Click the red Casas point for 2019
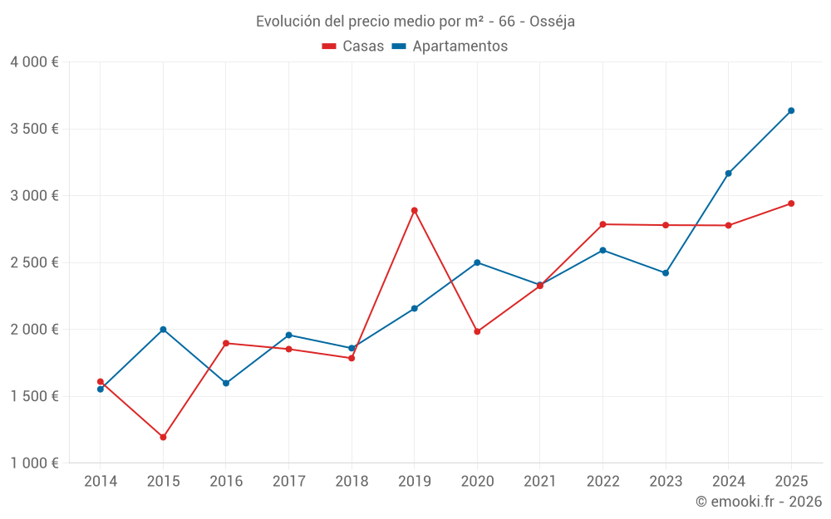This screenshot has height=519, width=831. [414, 210]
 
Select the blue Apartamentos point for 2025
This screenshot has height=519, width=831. [791, 110]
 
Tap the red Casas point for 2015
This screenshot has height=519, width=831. [163, 437]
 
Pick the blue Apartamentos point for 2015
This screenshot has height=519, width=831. [163, 330]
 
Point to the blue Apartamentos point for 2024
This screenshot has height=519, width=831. [728, 174]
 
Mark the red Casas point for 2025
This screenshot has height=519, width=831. [791, 203]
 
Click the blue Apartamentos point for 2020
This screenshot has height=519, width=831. [477, 262]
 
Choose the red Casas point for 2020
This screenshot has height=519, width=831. [477, 331]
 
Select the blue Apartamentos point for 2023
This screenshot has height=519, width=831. [666, 273]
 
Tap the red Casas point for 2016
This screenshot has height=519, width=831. [226, 343]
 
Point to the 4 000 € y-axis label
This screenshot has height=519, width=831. [34, 62]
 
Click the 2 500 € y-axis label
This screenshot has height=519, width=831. [34, 262]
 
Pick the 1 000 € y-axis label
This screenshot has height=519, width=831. [34, 463]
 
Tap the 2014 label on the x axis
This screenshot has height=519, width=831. [101, 482]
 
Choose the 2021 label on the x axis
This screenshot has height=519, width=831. [540, 482]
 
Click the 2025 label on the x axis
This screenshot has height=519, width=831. [791, 482]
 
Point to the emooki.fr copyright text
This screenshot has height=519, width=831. [759, 502]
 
